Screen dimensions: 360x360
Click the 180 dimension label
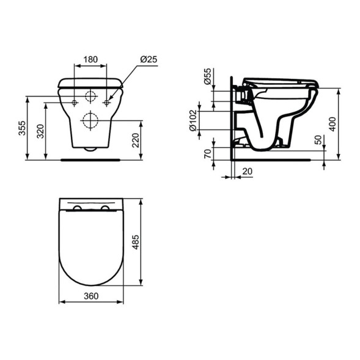90,59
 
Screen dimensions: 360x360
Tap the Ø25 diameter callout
149,59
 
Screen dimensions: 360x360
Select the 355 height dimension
21,128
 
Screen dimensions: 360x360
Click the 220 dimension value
135,141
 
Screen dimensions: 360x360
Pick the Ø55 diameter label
207,76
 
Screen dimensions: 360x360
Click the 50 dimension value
317,140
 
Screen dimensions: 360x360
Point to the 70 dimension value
207,153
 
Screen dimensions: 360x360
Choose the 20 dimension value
246,172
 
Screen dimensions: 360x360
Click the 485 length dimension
136,243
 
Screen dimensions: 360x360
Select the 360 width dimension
90,295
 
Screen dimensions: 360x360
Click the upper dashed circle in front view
90,96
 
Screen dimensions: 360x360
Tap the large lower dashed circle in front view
90,120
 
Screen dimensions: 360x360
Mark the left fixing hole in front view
75,102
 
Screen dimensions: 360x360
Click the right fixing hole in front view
107,102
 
